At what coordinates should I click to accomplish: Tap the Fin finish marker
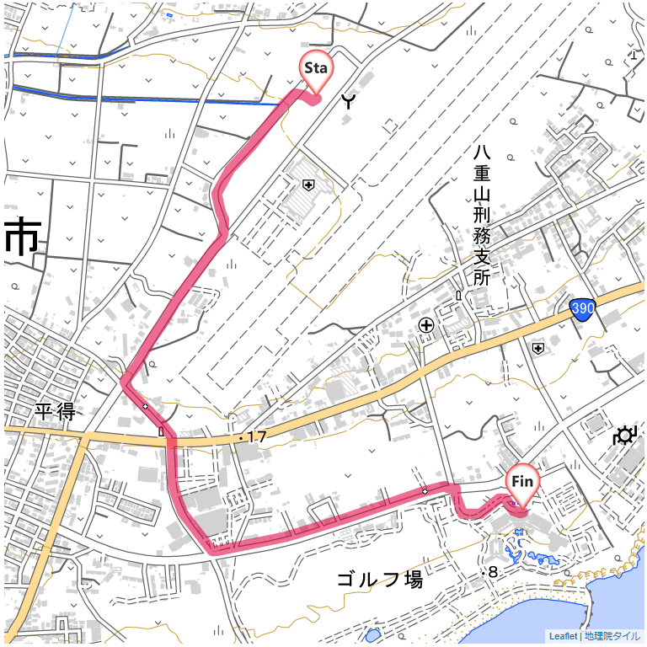pos(522,482)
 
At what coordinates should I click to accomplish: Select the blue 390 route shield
pos(581,310)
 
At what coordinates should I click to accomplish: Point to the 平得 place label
pos(56,412)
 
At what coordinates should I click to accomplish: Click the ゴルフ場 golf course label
pos(379,580)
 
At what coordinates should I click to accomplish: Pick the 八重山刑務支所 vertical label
pos(481,215)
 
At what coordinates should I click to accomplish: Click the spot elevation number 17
pos(257,437)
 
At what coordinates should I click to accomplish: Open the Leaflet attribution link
pos(563,637)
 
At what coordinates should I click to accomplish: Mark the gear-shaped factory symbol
pos(624,436)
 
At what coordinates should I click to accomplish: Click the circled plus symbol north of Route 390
pos(426,324)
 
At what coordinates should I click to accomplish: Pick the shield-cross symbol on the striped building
pos(308,185)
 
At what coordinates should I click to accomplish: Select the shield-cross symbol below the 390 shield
pos(537,346)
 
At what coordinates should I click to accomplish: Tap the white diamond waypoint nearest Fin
pos(425,491)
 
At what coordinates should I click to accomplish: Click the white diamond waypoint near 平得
pos(145,407)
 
